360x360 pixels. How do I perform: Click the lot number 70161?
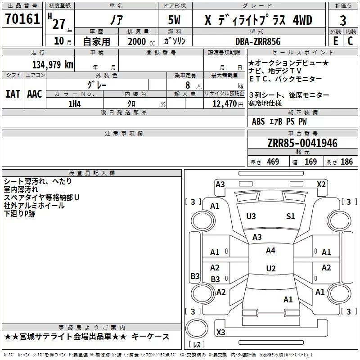coord(22,19)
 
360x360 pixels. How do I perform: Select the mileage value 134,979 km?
coord(53,65)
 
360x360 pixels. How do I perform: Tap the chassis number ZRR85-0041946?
coord(302,143)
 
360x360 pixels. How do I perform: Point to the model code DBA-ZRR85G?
coord(258,41)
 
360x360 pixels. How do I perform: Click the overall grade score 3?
coord(343,21)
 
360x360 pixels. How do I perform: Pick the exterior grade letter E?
coord(336,41)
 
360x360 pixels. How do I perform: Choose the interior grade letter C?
coord(350,41)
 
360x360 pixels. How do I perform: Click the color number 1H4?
coord(75,104)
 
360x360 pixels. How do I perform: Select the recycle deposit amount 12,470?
coord(224,103)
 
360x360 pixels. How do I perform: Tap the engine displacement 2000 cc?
coord(141,41)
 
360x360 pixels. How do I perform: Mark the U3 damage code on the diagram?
coord(251,216)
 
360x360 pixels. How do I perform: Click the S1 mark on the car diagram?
coord(290,216)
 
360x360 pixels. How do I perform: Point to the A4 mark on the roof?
coord(270,251)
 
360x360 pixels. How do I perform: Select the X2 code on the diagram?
coord(321,184)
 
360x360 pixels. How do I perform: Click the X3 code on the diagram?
coord(220,332)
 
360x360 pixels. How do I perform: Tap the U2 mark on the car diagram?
coord(271,268)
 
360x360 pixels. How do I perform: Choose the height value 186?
coord(346,162)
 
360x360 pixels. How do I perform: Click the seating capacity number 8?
coord(188,85)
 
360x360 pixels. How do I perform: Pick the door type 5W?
coord(174,20)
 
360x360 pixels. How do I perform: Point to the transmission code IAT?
coord(13,94)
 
